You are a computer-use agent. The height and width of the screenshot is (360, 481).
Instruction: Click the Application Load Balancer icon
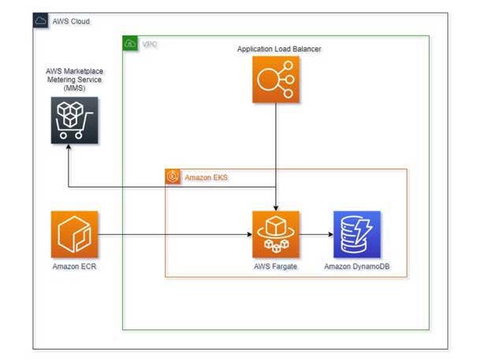275,80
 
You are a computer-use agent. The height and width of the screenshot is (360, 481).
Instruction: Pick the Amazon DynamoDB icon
356,234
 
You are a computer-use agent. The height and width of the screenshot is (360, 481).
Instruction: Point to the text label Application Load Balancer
279,49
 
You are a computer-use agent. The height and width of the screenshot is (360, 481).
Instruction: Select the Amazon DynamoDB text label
356,268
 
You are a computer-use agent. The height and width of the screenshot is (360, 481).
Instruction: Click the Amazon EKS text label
206,178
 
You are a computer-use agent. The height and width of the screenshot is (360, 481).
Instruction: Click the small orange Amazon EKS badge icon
173,177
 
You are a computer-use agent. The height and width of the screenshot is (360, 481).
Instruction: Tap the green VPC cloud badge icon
130,43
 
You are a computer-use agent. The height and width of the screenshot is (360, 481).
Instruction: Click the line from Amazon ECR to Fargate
173,234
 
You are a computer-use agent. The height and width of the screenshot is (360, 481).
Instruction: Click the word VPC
149,44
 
